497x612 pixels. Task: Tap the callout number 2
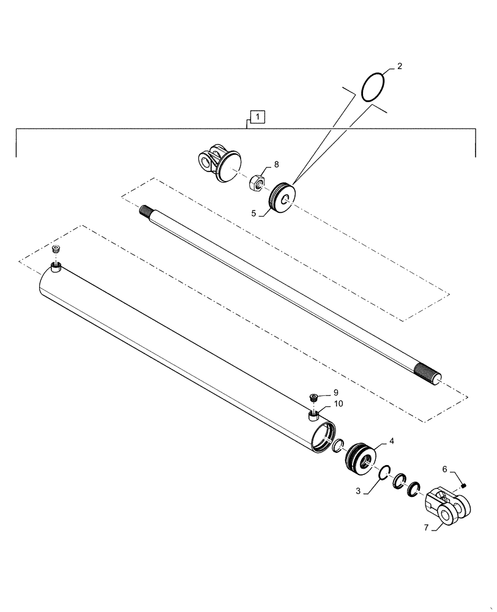point(399,66)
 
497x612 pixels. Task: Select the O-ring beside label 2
point(373,87)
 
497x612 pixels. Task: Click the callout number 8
point(276,165)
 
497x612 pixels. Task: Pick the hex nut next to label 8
point(257,182)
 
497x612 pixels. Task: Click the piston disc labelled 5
point(283,197)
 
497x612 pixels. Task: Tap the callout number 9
point(335,392)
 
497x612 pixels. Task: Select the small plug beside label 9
point(313,398)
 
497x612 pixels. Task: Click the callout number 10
point(338,404)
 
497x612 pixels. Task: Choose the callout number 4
point(392,441)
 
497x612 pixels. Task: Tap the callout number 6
point(445,469)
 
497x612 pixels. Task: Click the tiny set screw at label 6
point(464,485)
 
